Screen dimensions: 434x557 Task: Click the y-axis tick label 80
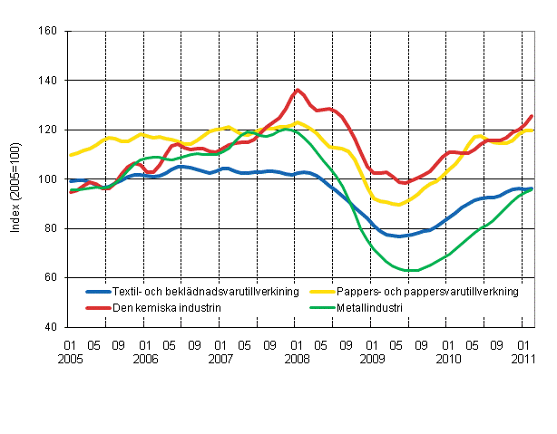click(51, 228)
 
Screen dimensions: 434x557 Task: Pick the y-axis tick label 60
click(51, 277)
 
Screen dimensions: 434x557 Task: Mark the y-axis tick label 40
click(51, 327)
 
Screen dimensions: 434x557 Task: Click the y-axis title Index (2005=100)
click(15, 179)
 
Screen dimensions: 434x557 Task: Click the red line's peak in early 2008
click(298, 90)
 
